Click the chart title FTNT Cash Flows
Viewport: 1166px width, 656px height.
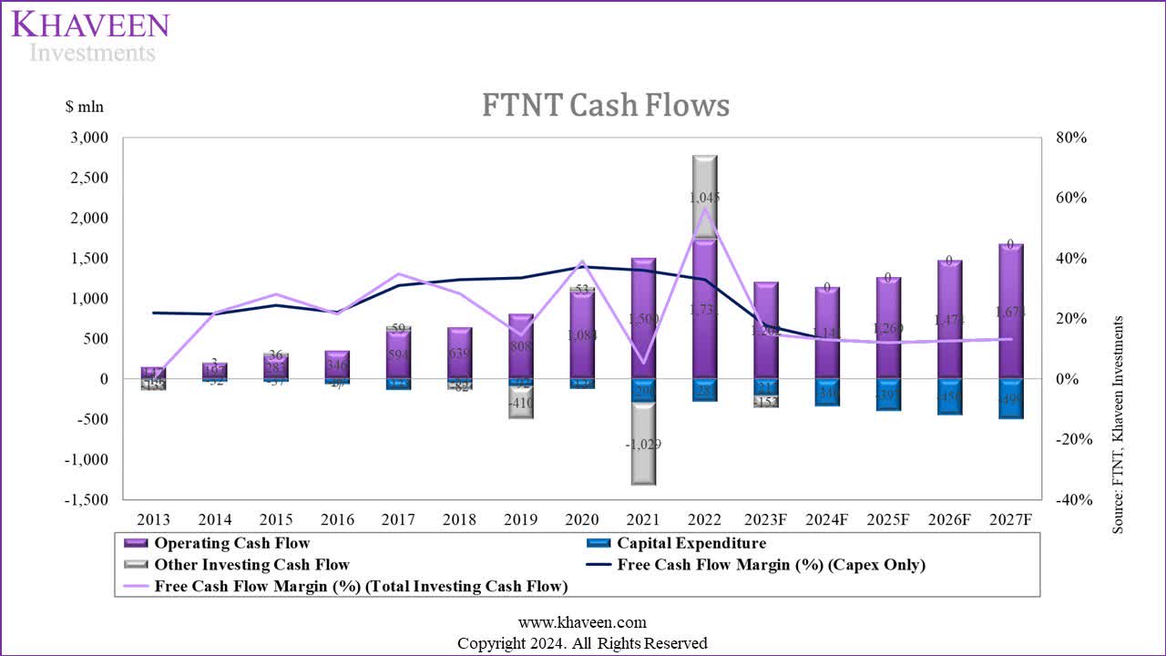coord(606,106)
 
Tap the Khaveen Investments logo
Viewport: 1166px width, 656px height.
coord(91,36)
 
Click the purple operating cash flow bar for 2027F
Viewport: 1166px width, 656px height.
coord(1010,311)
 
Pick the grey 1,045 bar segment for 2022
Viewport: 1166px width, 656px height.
coord(704,197)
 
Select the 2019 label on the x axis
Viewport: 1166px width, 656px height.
coord(520,519)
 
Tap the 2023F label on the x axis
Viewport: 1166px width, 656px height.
coord(765,519)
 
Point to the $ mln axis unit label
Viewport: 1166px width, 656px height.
coord(85,107)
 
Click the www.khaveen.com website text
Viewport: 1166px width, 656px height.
coord(582,623)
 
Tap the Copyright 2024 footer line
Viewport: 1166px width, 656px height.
coord(582,643)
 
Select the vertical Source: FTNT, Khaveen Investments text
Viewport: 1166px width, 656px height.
coord(1118,425)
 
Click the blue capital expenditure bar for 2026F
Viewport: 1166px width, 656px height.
coord(948,396)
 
